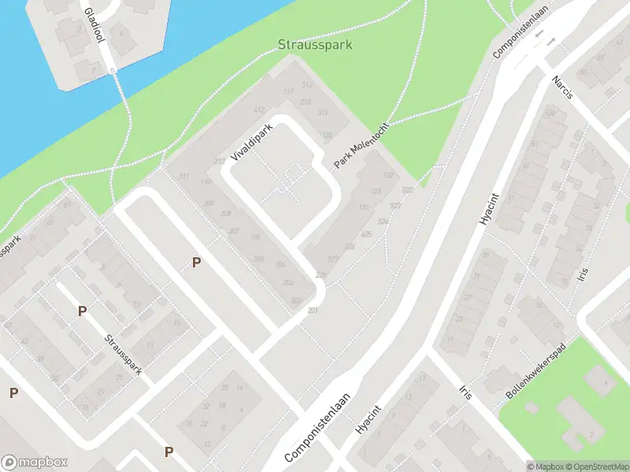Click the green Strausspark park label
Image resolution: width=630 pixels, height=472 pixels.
(315, 45)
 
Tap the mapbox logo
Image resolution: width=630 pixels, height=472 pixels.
(35, 463)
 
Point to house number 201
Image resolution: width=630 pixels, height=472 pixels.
(313, 310)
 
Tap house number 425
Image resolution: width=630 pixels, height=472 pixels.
(366, 234)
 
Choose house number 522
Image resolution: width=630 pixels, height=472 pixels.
(407, 190)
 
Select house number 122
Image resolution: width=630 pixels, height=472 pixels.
(387, 175)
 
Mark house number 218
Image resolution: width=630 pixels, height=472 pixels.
(306, 102)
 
